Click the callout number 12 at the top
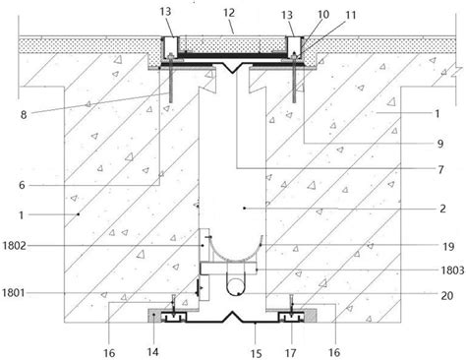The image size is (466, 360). [229, 13]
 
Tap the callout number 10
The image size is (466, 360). [323, 15]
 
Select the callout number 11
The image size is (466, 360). [351, 15]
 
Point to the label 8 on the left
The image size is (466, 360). [24, 115]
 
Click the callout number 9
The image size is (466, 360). [440, 144]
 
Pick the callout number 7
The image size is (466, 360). [440, 169]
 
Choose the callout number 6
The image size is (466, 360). [22, 185]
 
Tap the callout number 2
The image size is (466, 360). [442, 209]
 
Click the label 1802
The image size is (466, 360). [14, 245]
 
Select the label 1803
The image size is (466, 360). [452, 270]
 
